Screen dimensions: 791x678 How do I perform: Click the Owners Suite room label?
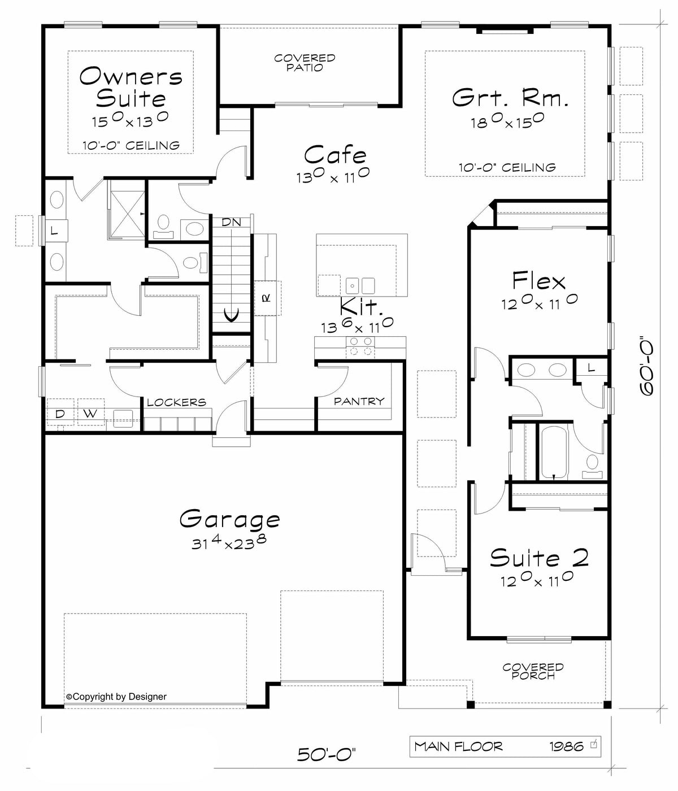pos(131,87)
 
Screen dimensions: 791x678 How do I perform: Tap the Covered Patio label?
pos(305,63)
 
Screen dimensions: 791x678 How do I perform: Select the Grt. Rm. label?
pos(510,98)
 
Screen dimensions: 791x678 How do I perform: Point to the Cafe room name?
pos(335,154)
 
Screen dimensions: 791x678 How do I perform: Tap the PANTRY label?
pos(359,401)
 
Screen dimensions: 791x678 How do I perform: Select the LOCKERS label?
pos(176,402)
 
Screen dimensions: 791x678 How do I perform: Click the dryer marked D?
pos(59,414)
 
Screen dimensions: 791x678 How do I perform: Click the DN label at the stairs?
pos(231,223)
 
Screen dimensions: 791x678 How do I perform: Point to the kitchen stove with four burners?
pos(360,346)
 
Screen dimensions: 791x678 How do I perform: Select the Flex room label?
pos(538,281)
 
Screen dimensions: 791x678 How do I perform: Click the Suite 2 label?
pos(539,558)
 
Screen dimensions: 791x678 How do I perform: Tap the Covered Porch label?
pos(533,671)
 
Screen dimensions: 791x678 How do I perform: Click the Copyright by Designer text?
pos(116,697)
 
